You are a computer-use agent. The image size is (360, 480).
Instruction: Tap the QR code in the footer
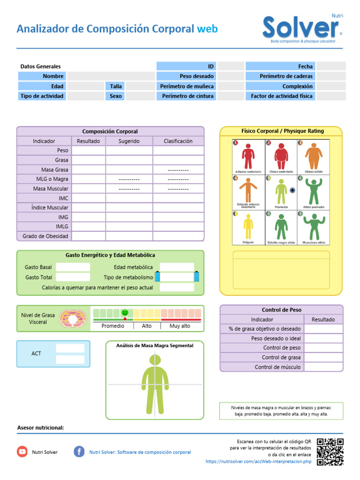pyautogui.click(x=330, y=451)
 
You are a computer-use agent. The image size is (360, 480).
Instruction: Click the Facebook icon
pyautogui.click(x=79, y=451)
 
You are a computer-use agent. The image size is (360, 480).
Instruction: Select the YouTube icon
pyautogui.click(x=22, y=451)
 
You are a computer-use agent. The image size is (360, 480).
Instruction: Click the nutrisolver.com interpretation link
pyautogui.click(x=258, y=462)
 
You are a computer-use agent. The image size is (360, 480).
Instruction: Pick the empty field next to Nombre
pyautogui.click(x=111, y=76)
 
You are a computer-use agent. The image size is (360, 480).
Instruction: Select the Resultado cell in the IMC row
pyautogui.click(x=88, y=198)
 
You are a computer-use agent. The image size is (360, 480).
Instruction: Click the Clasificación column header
pyautogui.click(x=178, y=141)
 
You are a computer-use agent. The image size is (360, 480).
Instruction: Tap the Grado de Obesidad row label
pyautogui.click(x=45, y=236)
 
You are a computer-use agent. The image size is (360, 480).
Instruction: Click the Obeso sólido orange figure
pyautogui.click(x=314, y=157)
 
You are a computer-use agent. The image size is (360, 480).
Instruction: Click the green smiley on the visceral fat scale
pyautogui.click(x=125, y=312)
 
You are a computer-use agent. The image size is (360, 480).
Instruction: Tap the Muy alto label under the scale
pyautogui.click(x=180, y=325)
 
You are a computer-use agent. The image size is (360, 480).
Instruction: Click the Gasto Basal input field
pyautogui.click(x=73, y=267)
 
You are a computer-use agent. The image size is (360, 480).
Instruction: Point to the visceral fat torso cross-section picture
pyautogui.click(x=73, y=318)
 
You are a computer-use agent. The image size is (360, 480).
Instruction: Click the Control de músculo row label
pyautogui.click(x=277, y=367)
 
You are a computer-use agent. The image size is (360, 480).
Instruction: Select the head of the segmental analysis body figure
pyautogui.click(x=155, y=360)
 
